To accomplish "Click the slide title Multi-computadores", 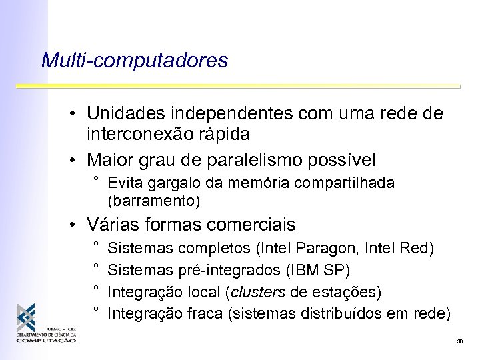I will pyautogui.click(x=134, y=61).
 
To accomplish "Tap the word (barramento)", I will pyautogui.click(x=153, y=199).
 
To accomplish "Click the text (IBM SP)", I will pyautogui.click(x=317, y=271).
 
